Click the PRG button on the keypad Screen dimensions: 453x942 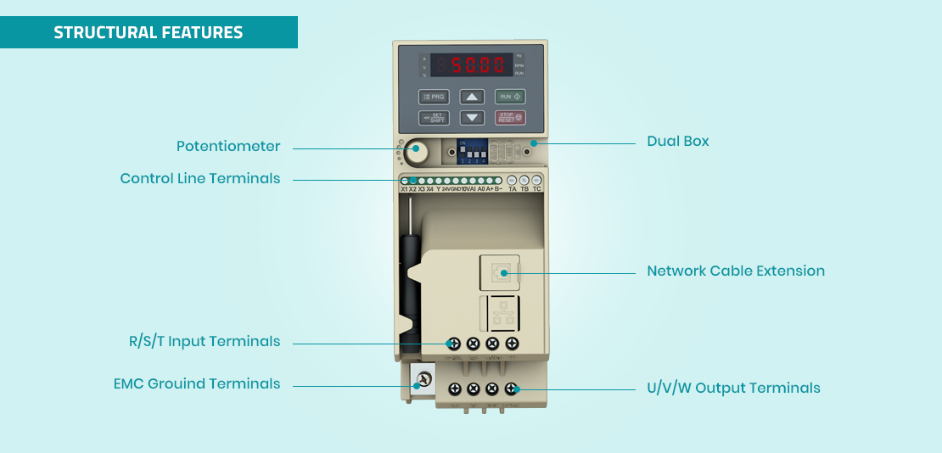(434, 97)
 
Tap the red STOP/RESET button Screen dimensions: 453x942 (510, 118)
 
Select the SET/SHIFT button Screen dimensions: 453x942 (434, 118)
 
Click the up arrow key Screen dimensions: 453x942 (473, 97)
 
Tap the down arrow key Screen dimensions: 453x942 (473, 118)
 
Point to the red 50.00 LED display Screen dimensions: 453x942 (470, 64)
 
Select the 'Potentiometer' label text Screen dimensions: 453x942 (228, 146)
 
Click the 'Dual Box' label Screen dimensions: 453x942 (677, 141)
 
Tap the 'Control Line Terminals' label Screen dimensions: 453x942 (200, 178)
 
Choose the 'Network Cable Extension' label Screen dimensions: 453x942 (736, 271)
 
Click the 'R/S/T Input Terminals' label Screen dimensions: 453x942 (205, 341)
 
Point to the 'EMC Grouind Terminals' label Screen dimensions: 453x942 (197, 383)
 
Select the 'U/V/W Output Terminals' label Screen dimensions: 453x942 (733, 388)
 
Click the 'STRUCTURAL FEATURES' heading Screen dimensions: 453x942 (149, 32)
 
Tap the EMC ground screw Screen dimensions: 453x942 (422, 378)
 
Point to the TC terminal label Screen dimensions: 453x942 (536, 189)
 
